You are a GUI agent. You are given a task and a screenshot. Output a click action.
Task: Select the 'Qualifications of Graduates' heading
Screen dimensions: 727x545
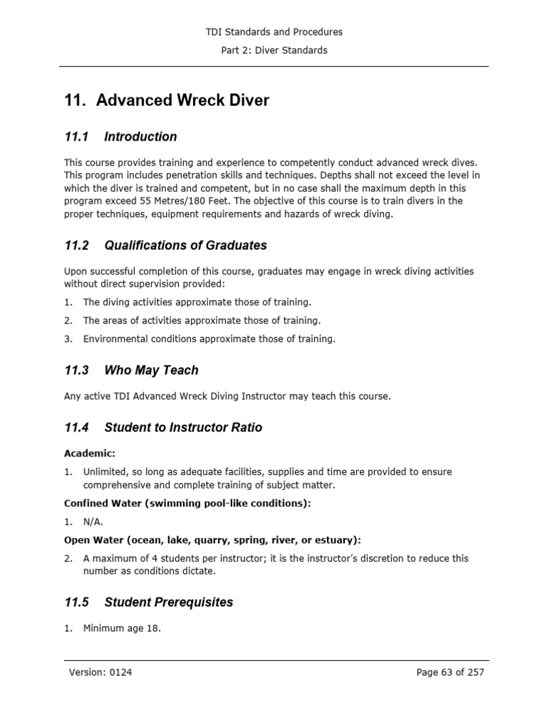click(185, 246)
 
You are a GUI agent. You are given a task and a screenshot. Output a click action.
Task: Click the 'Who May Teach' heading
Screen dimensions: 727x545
click(151, 370)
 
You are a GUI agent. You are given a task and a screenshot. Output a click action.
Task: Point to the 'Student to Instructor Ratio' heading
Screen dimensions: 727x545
click(183, 427)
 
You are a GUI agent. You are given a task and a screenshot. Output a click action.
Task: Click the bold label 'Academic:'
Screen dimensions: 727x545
click(89, 453)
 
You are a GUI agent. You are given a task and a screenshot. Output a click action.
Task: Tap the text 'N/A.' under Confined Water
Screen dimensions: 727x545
click(94, 521)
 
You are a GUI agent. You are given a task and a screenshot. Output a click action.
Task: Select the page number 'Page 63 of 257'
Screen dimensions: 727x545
click(450, 672)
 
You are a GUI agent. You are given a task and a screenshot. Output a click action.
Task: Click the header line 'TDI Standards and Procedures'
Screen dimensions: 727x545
click(273, 32)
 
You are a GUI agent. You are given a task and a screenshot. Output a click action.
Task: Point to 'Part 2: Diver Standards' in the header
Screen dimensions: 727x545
click(273, 50)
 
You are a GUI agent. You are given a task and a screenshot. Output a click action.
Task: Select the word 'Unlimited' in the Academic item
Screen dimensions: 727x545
click(105, 471)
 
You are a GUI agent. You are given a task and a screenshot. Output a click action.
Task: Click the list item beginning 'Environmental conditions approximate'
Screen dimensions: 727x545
click(209, 339)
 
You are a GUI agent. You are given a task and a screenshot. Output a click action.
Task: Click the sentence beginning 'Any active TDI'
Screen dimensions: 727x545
click(227, 396)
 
